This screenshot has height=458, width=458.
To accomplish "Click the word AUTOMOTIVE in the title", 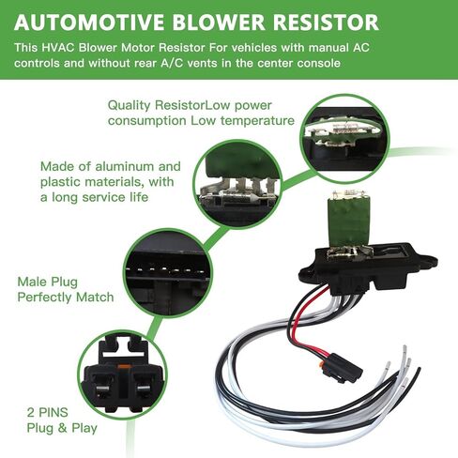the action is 89,23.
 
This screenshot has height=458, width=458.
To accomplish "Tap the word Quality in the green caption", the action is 130,106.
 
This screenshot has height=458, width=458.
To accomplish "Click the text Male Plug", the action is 48,282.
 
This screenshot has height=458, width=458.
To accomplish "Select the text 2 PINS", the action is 48,412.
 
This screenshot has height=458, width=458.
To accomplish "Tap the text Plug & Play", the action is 62,428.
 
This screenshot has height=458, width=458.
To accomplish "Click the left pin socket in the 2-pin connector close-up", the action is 103,386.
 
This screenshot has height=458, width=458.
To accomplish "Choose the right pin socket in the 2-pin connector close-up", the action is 143,386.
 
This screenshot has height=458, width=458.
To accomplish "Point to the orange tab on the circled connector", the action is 123,366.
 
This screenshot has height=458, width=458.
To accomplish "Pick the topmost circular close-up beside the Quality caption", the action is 344,139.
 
